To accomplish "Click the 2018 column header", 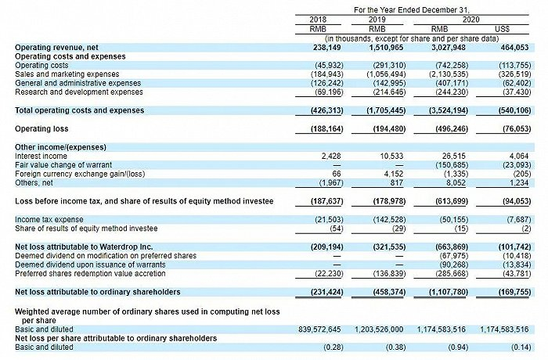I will (318, 18).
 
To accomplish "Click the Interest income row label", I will (40, 156).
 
